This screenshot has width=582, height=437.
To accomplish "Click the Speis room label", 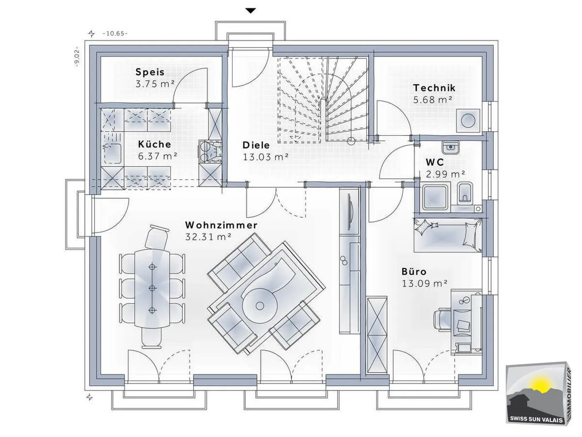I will (x=150, y=72).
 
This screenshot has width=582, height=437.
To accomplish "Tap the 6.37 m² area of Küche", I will (x=158, y=156).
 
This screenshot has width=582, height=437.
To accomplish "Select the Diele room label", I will (x=256, y=145).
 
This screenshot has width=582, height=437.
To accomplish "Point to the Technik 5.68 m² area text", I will (x=432, y=100).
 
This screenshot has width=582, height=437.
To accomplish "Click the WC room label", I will (x=435, y=162).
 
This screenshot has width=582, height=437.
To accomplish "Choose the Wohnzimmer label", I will (x=221, y=225).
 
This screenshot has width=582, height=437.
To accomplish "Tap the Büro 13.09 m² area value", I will (x=424, y=283).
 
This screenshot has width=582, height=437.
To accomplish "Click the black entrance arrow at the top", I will (x=251, y=11).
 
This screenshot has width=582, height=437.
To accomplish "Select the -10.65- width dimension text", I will (x=115, y=34).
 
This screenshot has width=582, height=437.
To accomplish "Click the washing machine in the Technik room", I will (x=468, y=120).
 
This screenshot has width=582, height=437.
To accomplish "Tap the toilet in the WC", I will (x=465, y=194).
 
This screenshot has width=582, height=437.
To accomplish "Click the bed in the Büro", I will (x=447, y=235).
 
